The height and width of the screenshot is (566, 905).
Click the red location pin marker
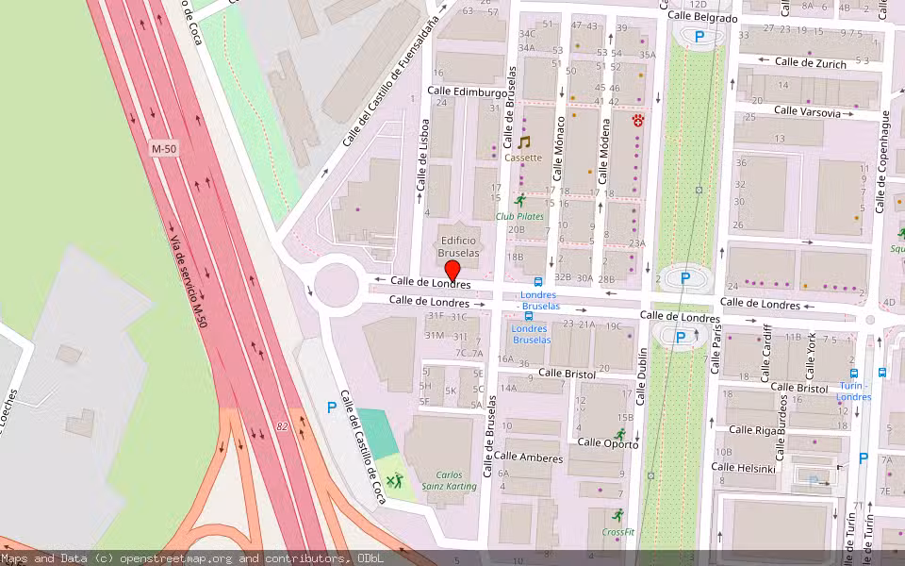(x=452, y=270)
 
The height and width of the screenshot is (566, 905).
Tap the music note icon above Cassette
(x=524, y=142)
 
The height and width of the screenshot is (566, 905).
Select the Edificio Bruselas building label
(x=459, y=247)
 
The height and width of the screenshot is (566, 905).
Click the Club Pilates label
(x=519, y=216)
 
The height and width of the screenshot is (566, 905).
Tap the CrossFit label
(x=617, y=532)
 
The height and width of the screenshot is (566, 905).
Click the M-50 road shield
(x=164, y=149)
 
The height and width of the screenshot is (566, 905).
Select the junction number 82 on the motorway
(x=282, y=426)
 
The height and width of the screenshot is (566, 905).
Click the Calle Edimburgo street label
(x=467, y=92)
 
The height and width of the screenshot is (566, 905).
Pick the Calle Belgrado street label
(x=701, y=17)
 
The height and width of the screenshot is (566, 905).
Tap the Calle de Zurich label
(x=810, y=62)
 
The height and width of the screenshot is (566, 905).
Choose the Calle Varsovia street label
(x=806, y=111)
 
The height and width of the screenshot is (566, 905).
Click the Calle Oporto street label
(x=608, y=441)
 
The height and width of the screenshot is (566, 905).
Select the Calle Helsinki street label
(x=744, y=468)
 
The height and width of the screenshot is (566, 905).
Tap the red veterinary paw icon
(x=638, y=120)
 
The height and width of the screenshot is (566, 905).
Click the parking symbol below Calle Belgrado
(x=699, y=37)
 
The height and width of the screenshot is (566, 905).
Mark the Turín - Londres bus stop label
(x=853, y=391)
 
